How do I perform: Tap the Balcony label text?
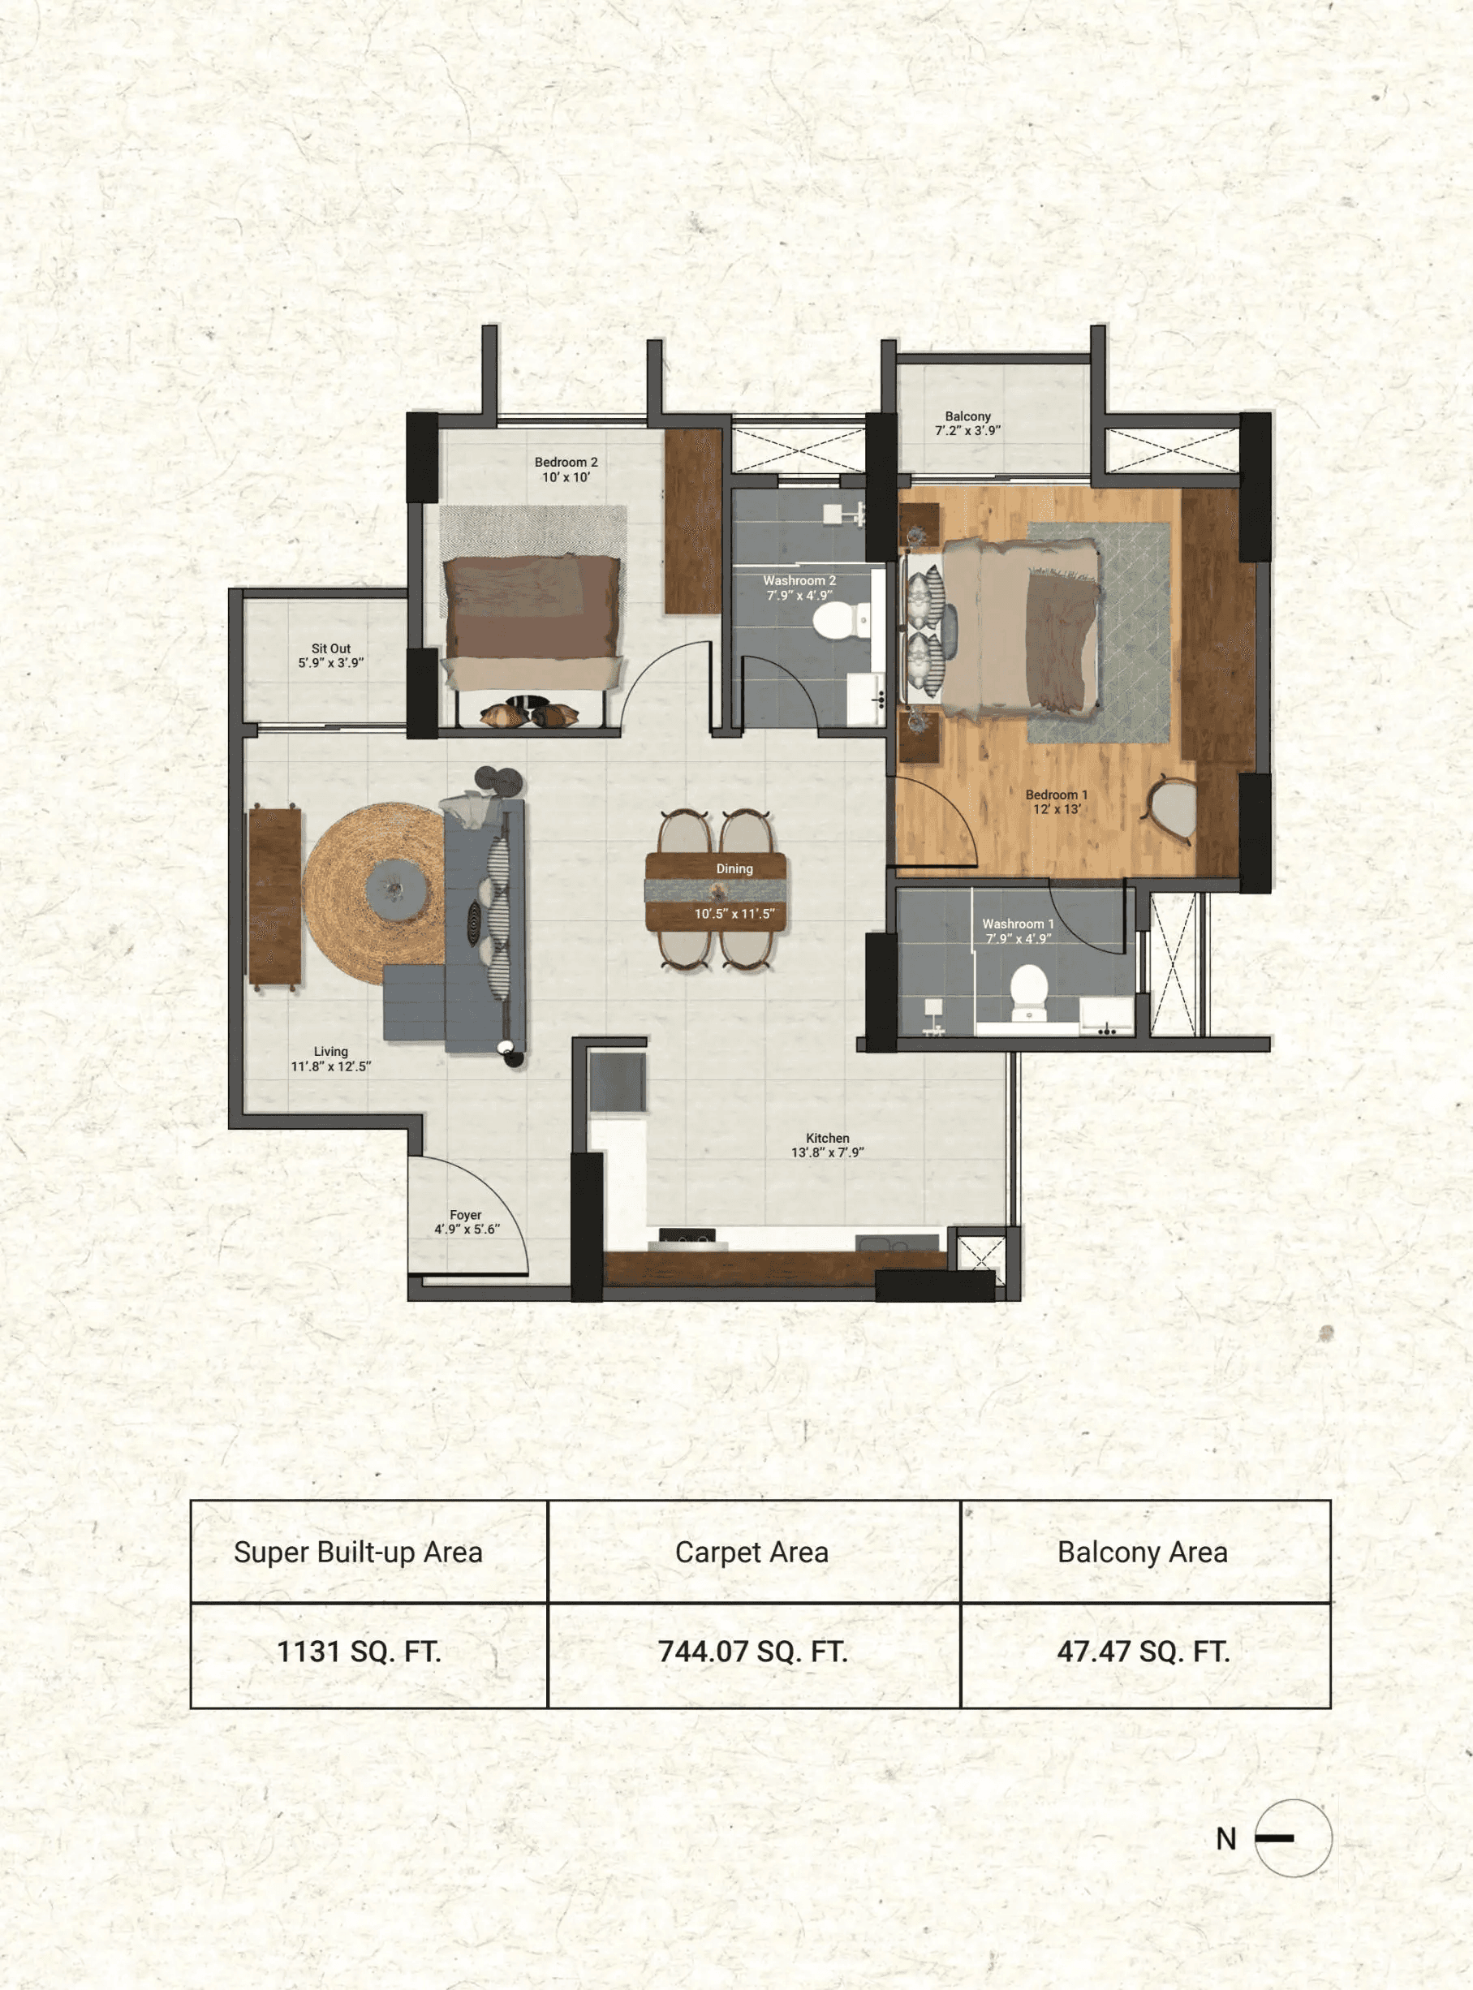[967, 416]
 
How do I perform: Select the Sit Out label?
[331, 648]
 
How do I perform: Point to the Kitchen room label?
[828, 1138]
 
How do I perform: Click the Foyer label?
[466, 1214]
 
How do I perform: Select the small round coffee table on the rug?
[397, 889]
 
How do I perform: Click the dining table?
[716, 892]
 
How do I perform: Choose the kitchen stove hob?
[687, 1236]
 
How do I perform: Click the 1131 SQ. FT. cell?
[360, 1652]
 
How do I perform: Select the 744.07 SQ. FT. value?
[752, 1652]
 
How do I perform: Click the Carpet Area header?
[752, 1553]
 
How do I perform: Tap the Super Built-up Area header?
[359, 1553]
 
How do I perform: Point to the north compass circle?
[1293, 1837]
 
